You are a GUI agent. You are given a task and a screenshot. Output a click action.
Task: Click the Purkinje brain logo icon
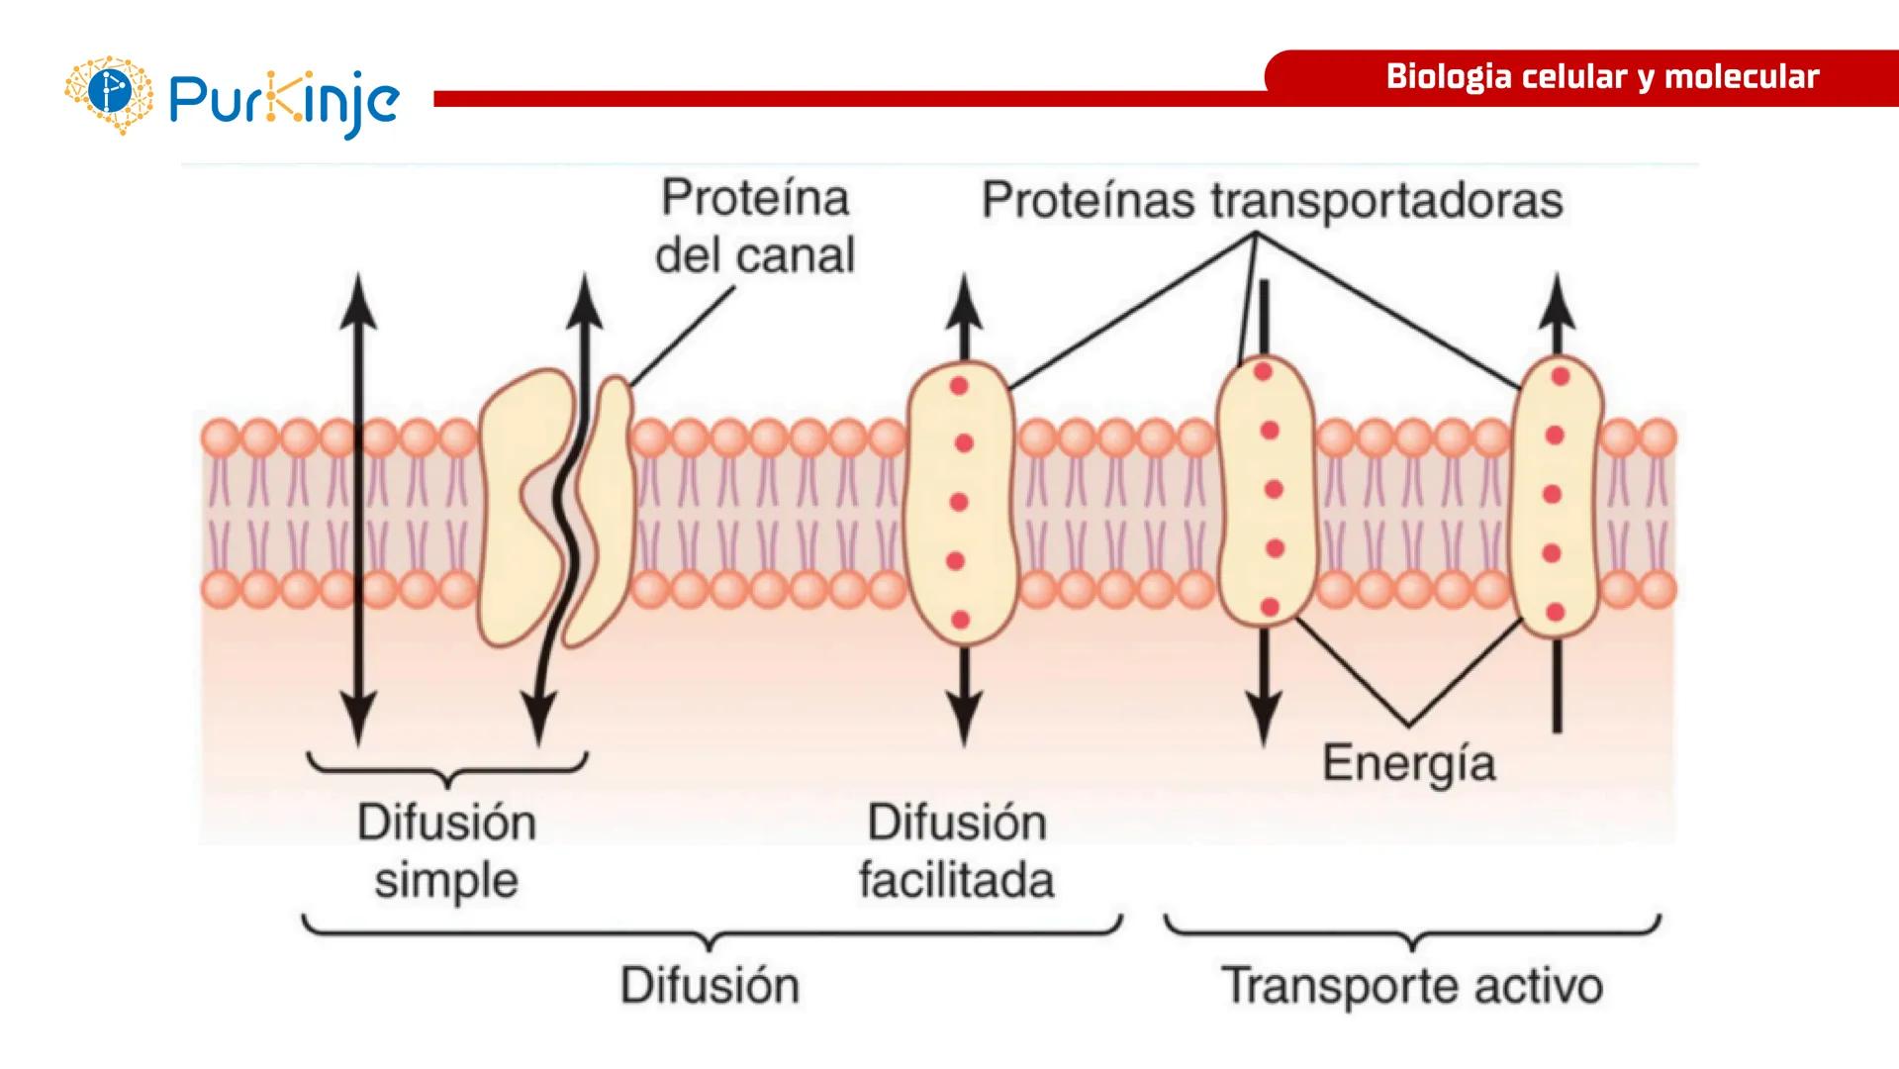(x=109, y=94)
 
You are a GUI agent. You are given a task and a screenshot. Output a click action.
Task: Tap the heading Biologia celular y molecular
(x=1601, y=77)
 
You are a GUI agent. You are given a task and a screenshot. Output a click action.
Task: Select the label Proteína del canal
(x=755, y=226)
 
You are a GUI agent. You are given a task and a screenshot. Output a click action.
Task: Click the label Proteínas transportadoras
(x=1272, y=200)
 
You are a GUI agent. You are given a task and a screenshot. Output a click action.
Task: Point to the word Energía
(x=1408, y=763)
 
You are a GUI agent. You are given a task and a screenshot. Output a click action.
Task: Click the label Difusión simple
(x=446, y=850)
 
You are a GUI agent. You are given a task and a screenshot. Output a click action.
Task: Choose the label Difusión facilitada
(x=956, y=850)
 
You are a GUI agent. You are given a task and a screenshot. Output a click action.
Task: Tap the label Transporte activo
(x=1412, y=986)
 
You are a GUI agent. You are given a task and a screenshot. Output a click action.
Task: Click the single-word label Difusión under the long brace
(x=710, y=986)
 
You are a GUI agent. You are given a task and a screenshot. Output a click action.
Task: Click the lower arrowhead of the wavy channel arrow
(x=538, y=718)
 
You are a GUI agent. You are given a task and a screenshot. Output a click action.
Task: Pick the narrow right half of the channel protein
(x=607, y=505)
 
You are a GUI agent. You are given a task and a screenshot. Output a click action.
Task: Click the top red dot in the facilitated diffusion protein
(x=958, y=386)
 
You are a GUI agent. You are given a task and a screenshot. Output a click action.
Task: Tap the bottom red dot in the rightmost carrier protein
(x=1555, y=613)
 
